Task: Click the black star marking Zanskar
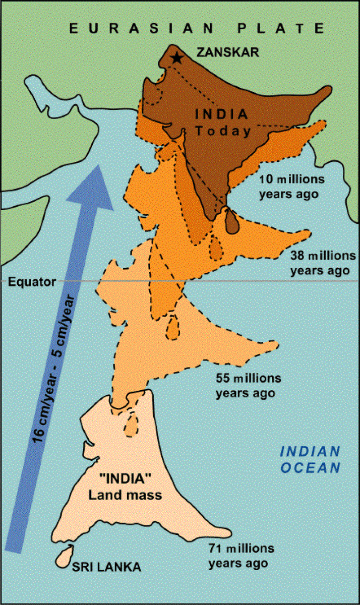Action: [176, 58]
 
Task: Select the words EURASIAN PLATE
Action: [197, 29]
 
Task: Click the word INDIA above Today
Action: [222, 114]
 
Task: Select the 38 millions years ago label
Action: [320, 262]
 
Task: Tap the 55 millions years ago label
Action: [249, 385]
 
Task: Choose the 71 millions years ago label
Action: [241, 555]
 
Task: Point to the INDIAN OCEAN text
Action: [310, 459]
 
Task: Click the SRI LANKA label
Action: [106, 567]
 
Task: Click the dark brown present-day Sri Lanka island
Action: [231, 220]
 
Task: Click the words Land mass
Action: [125, 495]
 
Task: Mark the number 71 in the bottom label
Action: [214, 548]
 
